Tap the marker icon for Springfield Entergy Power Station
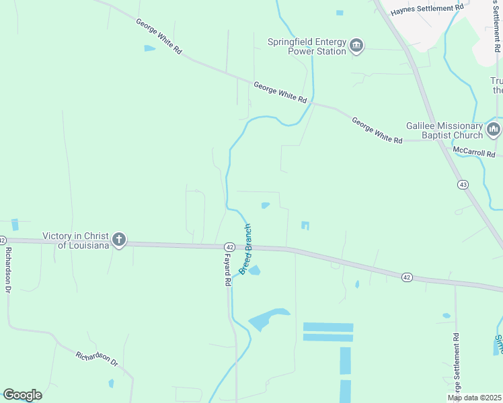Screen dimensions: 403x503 tap(356, 46)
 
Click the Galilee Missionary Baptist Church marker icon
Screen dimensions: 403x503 tap(494, 129)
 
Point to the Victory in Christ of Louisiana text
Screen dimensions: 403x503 tap(75, 240)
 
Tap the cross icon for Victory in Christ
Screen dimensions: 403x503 tap(119, 239)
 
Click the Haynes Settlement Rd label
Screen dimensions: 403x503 tap(428, 7)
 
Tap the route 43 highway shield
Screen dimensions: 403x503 tap(462, 184)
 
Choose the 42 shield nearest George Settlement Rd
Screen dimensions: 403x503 tap(406, 277)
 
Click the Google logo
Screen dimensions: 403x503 tap(22, 395)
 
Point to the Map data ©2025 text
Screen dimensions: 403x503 tap(473, 398)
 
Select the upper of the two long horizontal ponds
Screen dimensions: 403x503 tap(328, 327)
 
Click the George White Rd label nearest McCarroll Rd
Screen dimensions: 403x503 tap(377, 130)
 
